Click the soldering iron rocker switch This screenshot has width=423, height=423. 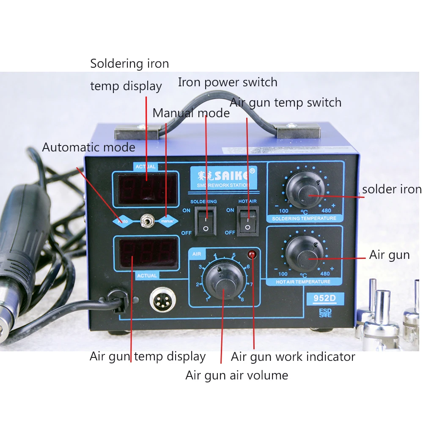click(x=206, y=221)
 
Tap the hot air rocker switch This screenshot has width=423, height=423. click(x=247, y=221)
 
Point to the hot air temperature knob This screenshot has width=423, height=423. click(x=305, y=254)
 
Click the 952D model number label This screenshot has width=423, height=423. click(x=324, y=299)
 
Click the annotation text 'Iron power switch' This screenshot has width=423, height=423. click(x=228, y=82)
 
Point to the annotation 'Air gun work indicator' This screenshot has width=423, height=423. click(x=293, y=357)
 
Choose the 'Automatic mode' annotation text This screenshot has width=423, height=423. click(x=89, y=147)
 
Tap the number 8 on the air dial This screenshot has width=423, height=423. click(x=242, y=299)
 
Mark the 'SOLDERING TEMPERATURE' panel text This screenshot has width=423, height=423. click(x=304, y=218)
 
